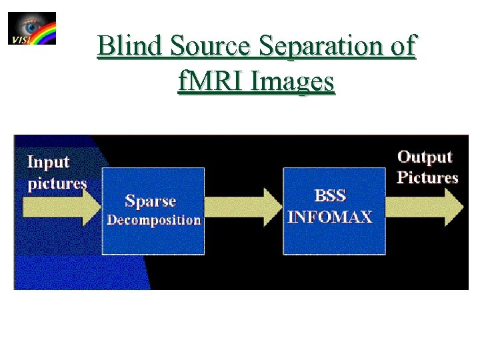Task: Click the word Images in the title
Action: (x=290, y=81)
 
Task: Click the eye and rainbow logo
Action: (x=32, y=29)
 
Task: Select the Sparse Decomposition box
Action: (x=153, y=210)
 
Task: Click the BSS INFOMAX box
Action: (x=334, y=210)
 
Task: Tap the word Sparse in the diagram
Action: (x=151, y=201)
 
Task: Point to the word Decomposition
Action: (x=154, y=220)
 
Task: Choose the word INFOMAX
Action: (x=329, y=217)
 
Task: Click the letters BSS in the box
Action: (x=330, y=197)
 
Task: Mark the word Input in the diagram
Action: (x=48, y=162)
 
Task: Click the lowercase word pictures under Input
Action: (x=57, y=183)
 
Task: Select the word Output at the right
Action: (x=425, y=157)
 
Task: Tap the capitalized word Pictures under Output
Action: (x=427, y=178)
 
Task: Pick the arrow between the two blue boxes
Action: (x=243, y=206)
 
